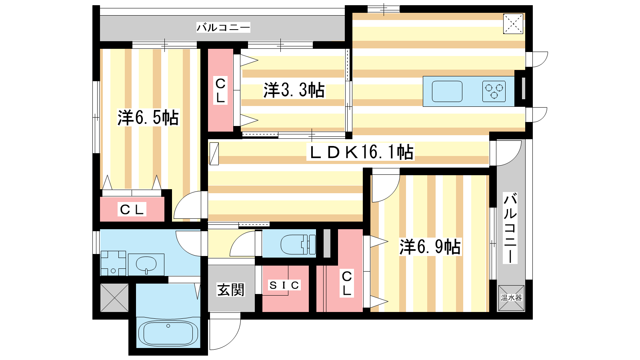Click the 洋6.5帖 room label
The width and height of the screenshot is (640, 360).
coord(148,118)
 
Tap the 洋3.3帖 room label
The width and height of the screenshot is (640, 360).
coord(294,90)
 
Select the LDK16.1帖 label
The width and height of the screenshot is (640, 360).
coord(360,152)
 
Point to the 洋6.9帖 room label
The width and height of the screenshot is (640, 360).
coord(430,247)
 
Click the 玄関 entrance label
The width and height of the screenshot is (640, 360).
coord(231,290)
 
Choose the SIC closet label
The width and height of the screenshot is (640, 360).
coord(284,285)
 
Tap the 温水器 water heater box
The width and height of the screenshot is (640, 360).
coord(511,298)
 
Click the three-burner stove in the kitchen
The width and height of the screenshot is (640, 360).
coord(494,92)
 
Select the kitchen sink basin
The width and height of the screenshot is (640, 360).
coord(447,92)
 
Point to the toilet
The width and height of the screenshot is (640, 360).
coord(298,244)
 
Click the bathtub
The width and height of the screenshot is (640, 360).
coord(168,333)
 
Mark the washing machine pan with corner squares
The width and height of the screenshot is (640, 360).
coord(113,264)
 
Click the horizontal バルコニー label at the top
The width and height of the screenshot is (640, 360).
coord(224,28)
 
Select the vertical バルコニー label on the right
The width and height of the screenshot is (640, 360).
coord(510,228)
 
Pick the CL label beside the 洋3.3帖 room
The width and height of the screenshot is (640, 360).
coord(220,90)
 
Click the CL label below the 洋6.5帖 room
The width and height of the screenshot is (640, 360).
coord(132,210)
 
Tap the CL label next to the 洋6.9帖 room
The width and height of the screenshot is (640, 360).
coord(346,284)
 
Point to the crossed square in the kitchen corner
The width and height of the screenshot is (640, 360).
coord(513,24)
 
